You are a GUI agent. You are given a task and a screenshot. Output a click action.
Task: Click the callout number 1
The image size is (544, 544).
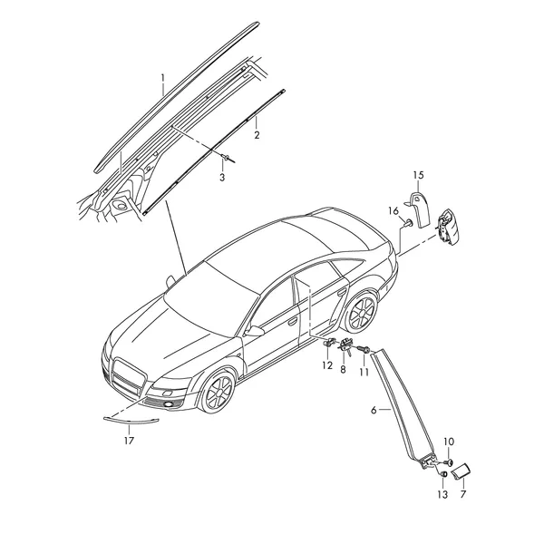[162, 79]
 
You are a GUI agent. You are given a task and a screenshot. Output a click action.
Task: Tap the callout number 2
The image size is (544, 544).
[257, 134]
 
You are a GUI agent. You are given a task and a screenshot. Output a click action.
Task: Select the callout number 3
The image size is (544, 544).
[222, 178]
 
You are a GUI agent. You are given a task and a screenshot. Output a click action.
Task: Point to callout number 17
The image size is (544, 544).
[129, 441]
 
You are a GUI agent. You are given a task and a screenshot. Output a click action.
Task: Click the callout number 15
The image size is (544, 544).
[419, 175]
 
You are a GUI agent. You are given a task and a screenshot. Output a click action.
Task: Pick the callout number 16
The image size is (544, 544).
[393, 210]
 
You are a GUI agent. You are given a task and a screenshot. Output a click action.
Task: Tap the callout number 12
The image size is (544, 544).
[327, 365]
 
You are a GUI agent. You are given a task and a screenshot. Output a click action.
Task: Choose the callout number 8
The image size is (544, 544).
[343, 370]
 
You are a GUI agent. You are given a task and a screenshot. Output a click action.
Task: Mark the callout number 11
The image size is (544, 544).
[364, 372]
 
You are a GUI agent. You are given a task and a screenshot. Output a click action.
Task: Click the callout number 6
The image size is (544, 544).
[374, 410]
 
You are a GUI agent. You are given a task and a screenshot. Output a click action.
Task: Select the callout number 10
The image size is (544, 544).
[449, 442]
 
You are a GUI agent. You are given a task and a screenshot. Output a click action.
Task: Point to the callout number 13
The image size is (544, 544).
[442, 494]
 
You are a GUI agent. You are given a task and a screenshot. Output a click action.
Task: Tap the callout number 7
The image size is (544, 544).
[463, 494]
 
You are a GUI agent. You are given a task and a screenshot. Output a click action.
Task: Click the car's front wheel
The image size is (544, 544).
[219, 392]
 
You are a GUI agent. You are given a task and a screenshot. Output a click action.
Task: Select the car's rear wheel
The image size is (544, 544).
[362, 312]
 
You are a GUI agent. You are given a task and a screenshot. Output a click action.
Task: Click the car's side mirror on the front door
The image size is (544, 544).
[255, 331]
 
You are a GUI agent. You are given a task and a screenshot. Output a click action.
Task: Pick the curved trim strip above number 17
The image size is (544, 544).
[131, 422]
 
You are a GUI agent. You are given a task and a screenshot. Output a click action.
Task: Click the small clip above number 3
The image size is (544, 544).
[228, 158]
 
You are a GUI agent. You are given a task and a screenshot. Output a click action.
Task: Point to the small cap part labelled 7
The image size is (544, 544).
[461, 471]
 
